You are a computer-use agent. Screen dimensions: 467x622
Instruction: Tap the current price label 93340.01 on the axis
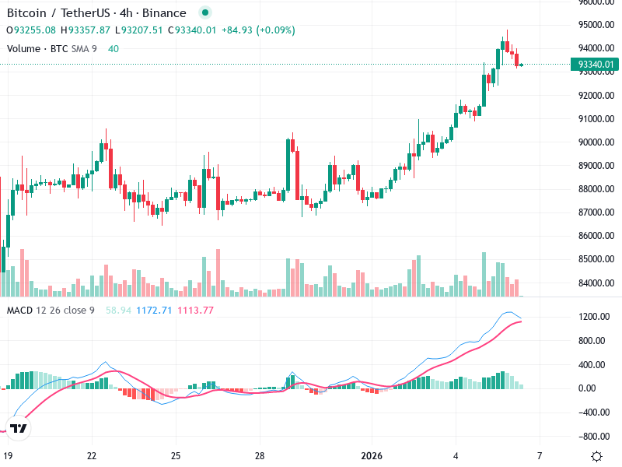tap(596, 65)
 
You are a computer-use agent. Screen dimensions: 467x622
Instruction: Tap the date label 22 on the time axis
tap(92, 455)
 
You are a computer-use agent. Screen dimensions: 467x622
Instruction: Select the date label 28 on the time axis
tap(260, 455)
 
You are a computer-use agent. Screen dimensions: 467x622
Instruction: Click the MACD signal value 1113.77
tap(196, 311)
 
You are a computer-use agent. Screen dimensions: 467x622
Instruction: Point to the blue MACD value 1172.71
tap(154, 311)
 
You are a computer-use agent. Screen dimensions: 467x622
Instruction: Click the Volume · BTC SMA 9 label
tap(51, 49)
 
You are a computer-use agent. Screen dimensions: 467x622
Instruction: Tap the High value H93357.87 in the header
tap(87, 30)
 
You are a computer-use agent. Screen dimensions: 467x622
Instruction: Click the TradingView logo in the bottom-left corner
tap(19, 428)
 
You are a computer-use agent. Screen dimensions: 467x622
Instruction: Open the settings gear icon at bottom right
tap(596, 456)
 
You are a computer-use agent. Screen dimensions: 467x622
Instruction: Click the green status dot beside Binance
tap(204, 13)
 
